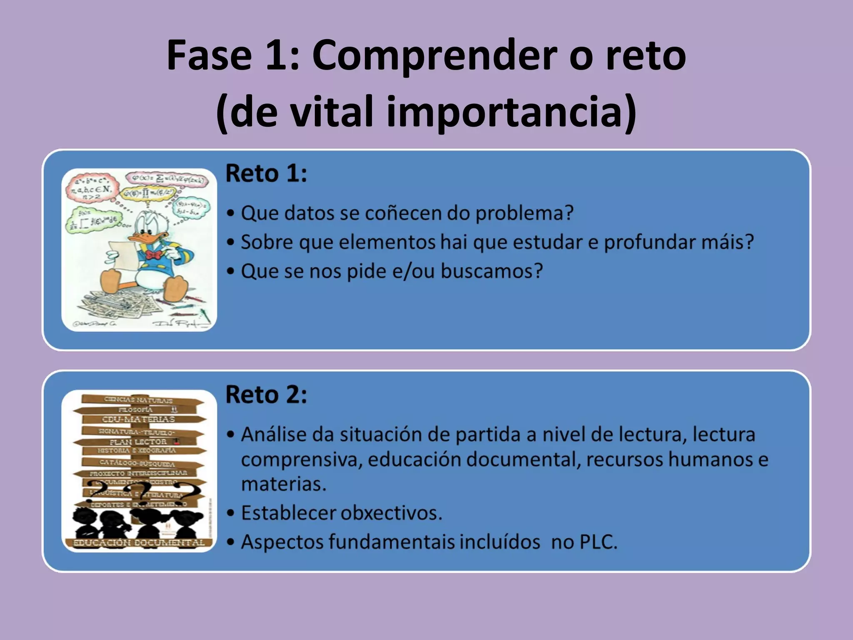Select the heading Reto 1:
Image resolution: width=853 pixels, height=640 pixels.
266,173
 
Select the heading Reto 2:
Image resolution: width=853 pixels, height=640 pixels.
266,395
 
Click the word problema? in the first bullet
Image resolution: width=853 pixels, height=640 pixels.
524,213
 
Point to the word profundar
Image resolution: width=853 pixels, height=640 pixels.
650,242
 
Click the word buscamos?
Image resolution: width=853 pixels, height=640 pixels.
492,271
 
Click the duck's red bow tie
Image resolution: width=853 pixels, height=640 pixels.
154,255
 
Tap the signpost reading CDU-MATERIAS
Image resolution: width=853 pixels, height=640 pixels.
139,419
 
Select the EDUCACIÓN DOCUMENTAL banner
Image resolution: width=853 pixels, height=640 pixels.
139,542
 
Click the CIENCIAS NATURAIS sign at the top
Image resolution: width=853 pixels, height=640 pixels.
138,400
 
